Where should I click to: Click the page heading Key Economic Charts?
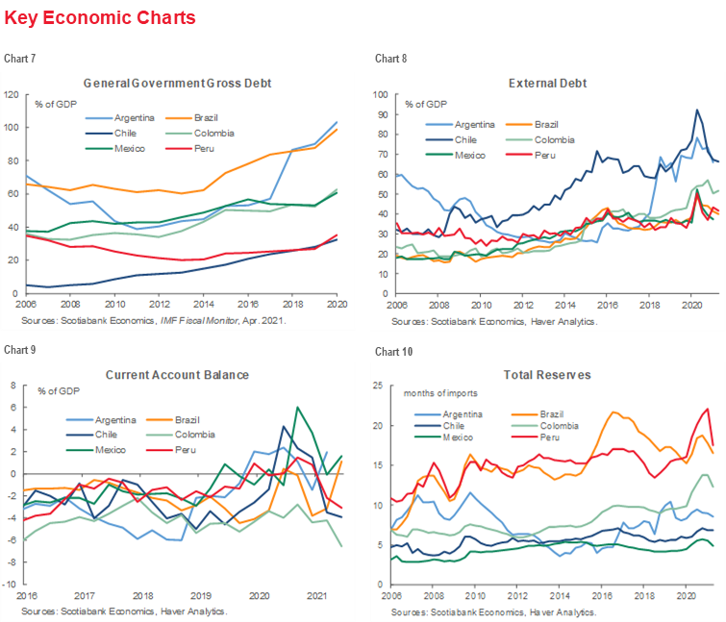[100, 18]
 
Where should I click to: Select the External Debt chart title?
[546, 83]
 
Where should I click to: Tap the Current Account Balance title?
[178, 374]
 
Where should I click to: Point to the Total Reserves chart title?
[547, 374]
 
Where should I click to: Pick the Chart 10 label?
[392, 351]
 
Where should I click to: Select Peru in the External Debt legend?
[547, 155]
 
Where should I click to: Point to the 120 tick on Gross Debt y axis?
[13, 94]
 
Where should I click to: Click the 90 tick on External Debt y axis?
[382, 114]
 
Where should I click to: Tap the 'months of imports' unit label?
[439, 394]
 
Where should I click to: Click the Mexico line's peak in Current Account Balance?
[298, 408]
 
